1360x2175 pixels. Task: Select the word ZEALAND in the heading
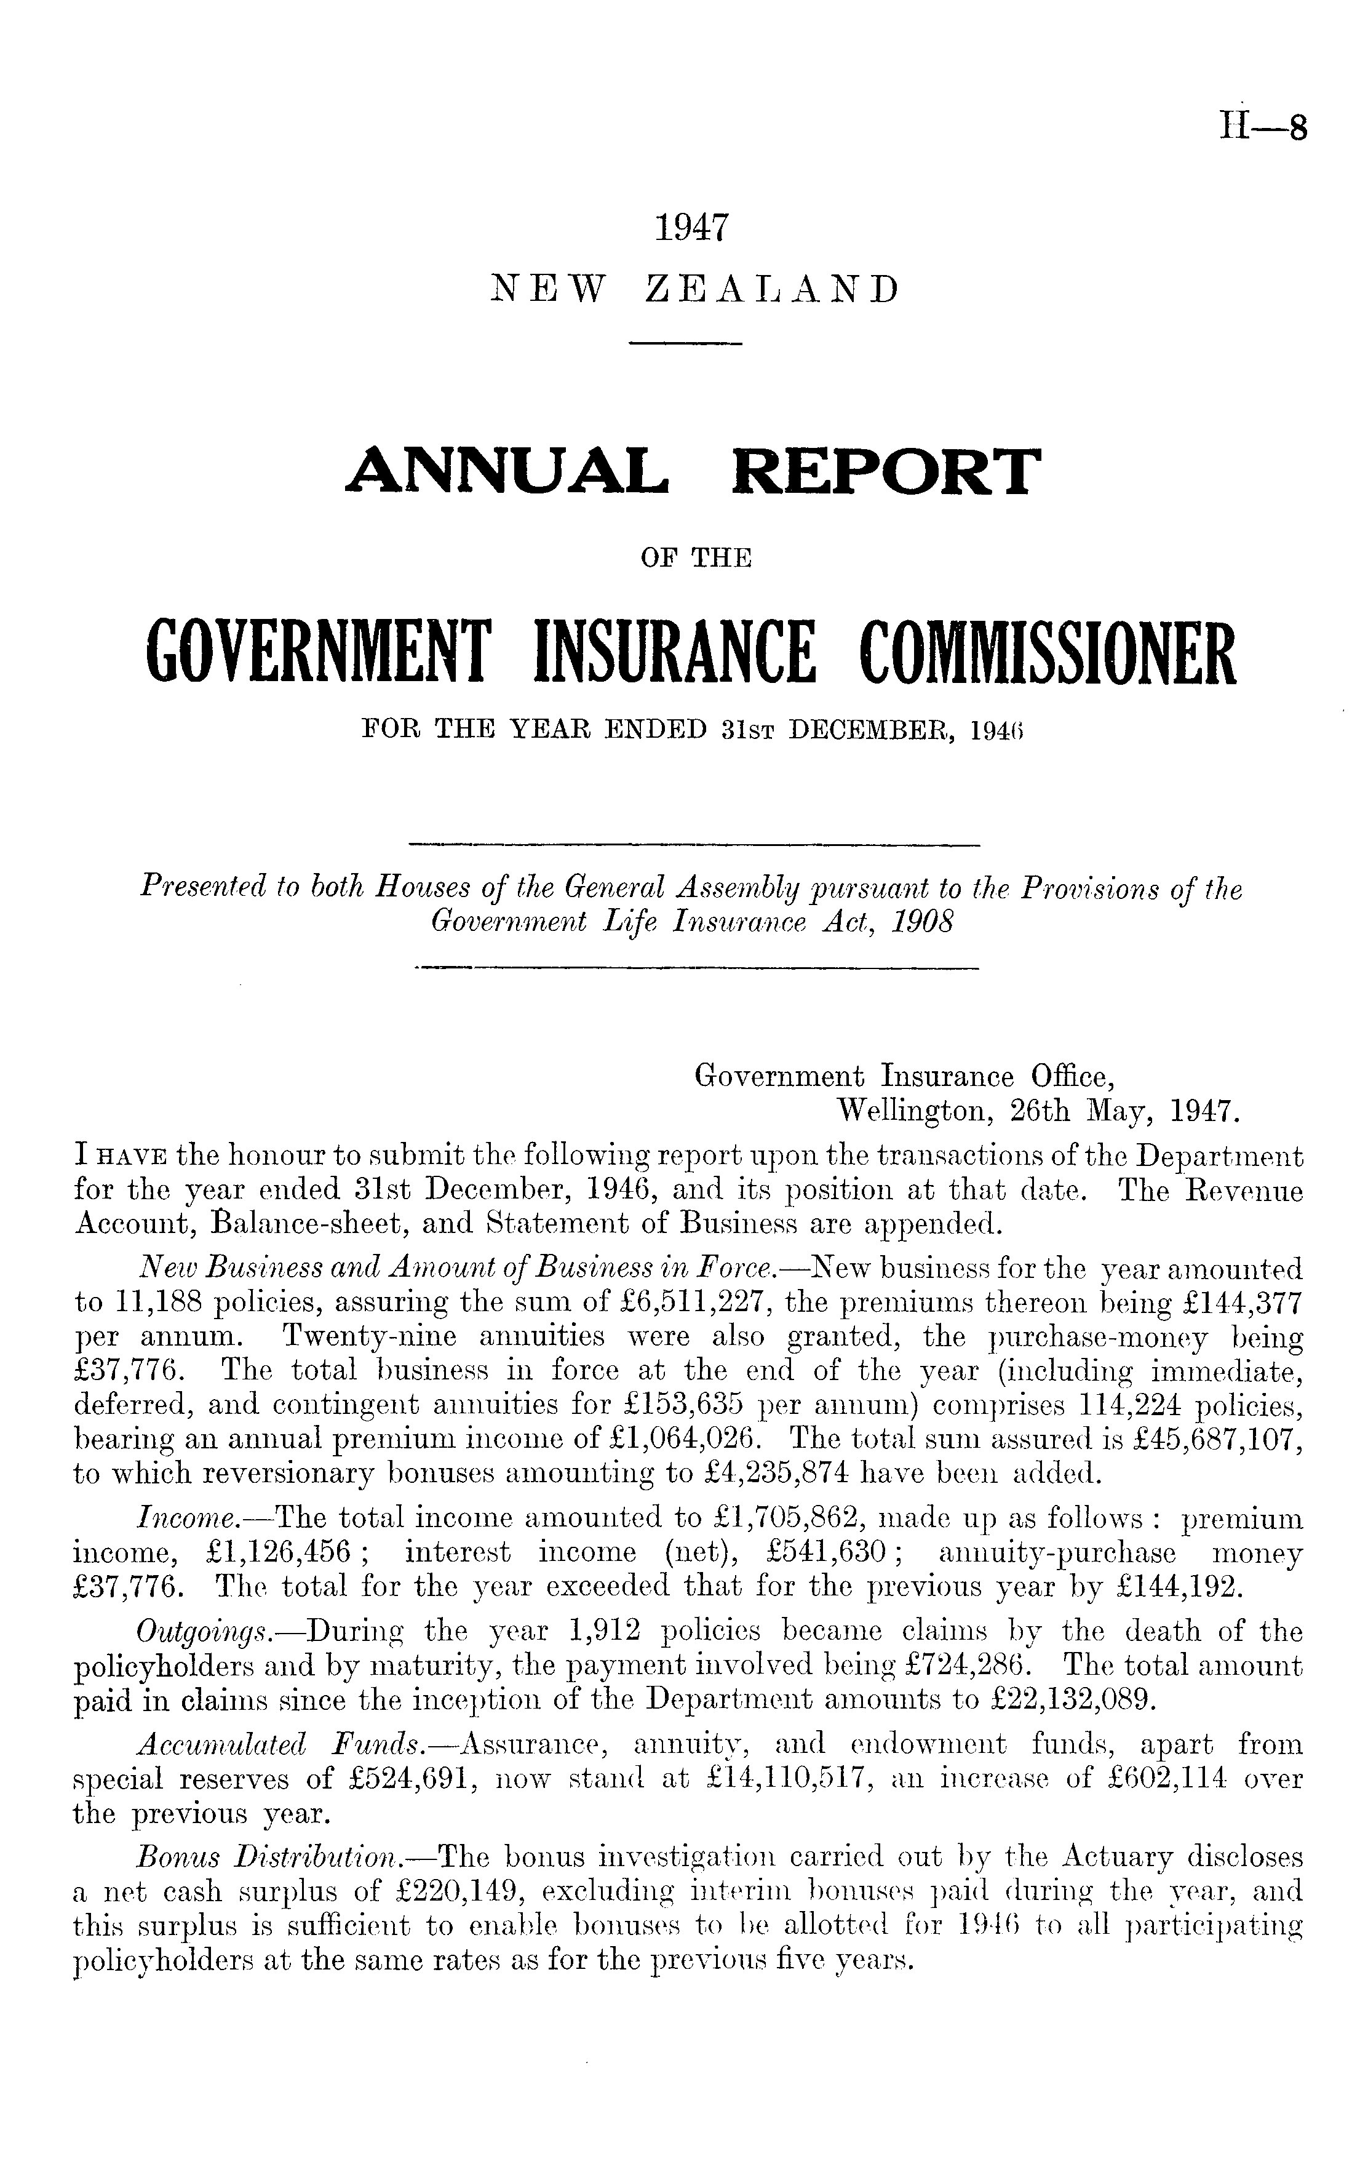point(772,290)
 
